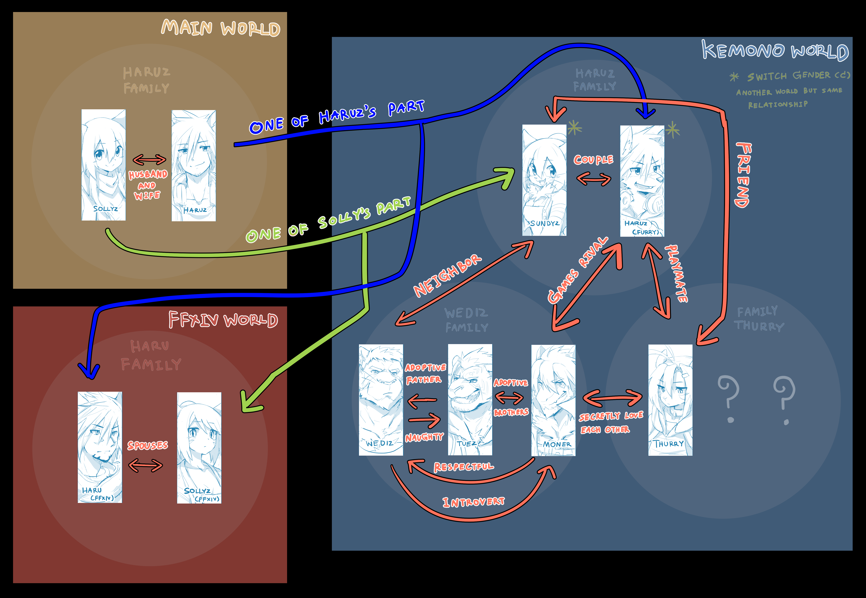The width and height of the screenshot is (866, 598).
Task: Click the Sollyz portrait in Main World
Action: click(103, 165)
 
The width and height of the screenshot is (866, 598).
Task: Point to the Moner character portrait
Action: click(553, 400)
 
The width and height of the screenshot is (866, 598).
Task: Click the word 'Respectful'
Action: click(464, 467)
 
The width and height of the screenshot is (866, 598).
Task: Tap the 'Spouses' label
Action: click(148, 446)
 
